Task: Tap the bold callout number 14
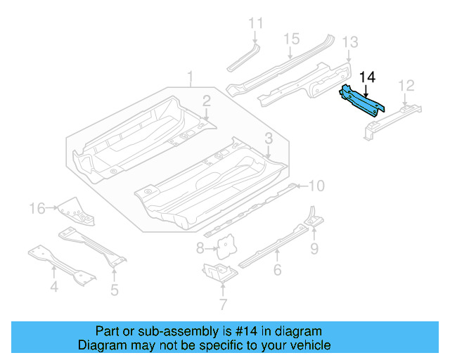point(367,77)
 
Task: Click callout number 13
point(350,43)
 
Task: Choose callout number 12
point(406,86)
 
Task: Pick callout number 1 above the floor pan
point(189,76)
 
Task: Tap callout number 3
point(269,138)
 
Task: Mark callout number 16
point(37,207)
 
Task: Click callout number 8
point(200,247)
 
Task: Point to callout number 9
point(314,247)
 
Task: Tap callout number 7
point(223,304)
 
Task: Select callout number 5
point(114,289)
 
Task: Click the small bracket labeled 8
point(225,244)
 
